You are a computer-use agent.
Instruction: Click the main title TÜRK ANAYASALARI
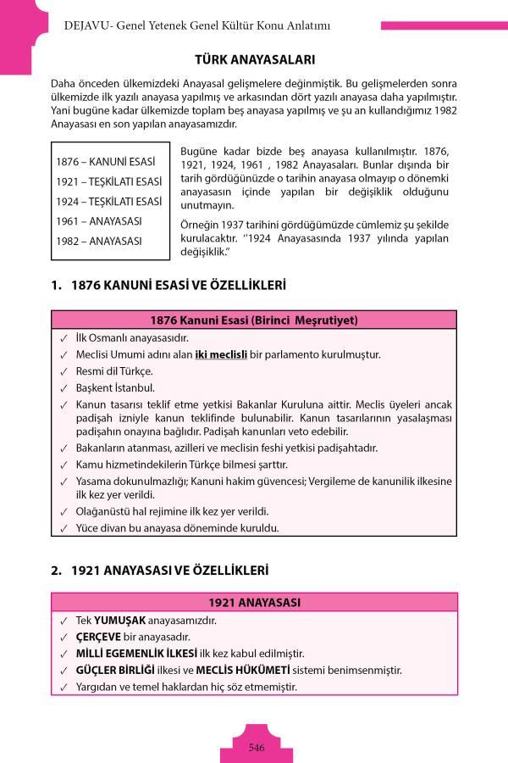tap(255, 60)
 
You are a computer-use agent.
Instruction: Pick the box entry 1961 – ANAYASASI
tap(99, 220)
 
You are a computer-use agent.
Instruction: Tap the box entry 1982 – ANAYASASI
tap(99, 241)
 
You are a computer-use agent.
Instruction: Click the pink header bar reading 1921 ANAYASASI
tap(255, 603)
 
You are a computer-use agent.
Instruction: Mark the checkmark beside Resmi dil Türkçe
tap(64, 371)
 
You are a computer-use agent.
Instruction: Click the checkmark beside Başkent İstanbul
tap(64, 388)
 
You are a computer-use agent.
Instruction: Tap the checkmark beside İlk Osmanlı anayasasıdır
tap(64, 337)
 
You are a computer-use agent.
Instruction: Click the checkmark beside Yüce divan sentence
tap(64, 528)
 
